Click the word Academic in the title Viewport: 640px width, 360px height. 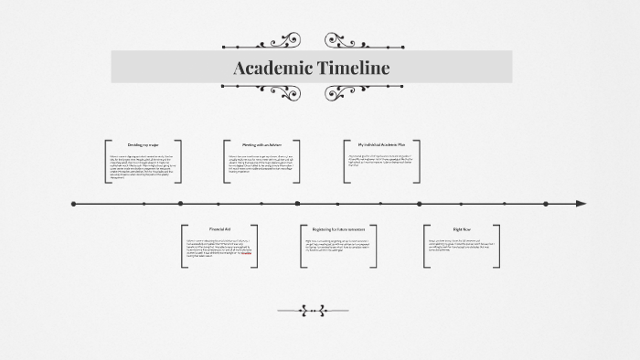[x=272, y=68]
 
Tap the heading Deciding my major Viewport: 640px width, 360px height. [x=144, y=145]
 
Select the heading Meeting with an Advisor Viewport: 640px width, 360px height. [x=261, y=144]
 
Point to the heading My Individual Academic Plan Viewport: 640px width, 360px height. [x=381, y=144]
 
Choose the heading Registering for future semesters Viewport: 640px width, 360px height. [x=338, y=228]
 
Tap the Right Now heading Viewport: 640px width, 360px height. [x=461, y=228]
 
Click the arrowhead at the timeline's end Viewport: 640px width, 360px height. [x=581, y=204]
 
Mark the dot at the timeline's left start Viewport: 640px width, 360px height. [x=73, y=204]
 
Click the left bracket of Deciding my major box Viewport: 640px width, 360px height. [x=106, y=160]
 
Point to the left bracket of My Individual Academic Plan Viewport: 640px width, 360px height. [x=345, y=160]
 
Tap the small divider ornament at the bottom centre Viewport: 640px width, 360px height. [x=313, y=310]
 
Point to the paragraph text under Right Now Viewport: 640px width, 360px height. [x=461, y=246]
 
